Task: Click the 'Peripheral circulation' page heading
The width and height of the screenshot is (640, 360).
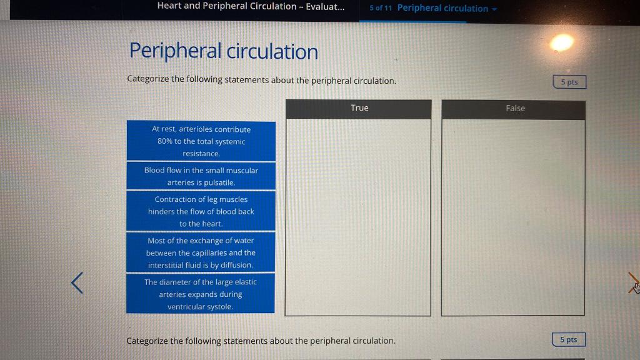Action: pos(223,51)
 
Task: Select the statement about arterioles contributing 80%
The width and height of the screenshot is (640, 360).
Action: pos(201,141)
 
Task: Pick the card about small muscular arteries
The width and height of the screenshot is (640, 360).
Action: pos(201,176)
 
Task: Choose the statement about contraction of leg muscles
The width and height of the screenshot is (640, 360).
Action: pos(201,211)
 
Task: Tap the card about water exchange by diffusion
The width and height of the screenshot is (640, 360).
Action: pos(201,252)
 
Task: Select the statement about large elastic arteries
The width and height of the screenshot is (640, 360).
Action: pos(201,294)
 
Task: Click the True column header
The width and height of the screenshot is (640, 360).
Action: pos(359,108)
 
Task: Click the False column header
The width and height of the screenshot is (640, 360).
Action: pos(514,109)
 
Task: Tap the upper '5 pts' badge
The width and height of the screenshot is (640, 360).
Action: pos(569,82)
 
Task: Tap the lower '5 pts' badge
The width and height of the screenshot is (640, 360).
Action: pos(568,339)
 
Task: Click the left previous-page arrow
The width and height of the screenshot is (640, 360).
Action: pos(77,282)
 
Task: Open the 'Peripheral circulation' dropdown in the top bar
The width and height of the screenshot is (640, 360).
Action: pos(446,8)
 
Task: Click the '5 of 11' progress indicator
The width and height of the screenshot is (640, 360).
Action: pos(381,8)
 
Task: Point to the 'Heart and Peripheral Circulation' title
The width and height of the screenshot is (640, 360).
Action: pos(250,6)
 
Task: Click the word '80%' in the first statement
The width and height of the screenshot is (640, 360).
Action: pos(166,141)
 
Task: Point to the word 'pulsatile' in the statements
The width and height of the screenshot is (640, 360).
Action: pos(219,182)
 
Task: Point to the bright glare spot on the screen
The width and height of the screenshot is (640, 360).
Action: pos(561,42)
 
